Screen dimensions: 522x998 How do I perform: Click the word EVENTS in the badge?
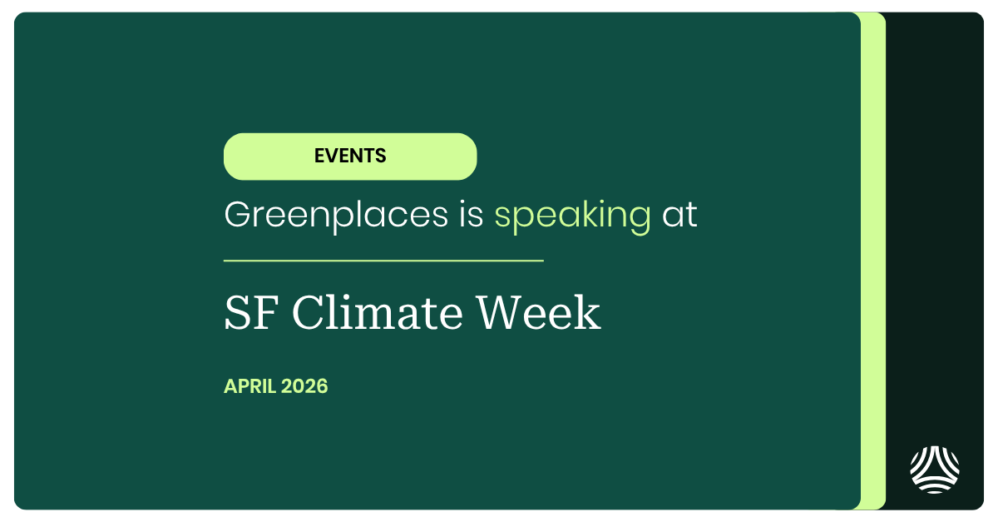(x=350, y=156)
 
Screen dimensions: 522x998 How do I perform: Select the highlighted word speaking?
(x=572, y=216)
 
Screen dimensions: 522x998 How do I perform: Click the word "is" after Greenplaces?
(x=471, y=216)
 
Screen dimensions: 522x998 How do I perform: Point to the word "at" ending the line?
(x=679, y=216)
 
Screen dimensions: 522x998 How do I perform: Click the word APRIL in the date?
(x=250, y=386)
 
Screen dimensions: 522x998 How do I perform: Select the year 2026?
(x=304, y=386)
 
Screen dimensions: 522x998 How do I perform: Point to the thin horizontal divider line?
(x=383, y=261)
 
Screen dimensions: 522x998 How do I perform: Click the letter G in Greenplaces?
(x=237, y=216)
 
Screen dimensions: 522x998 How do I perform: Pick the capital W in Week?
(x=500, y=314)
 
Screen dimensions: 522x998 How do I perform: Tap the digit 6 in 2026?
(x=322, y=386)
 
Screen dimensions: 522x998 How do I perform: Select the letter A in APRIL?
(x=230, y=386)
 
